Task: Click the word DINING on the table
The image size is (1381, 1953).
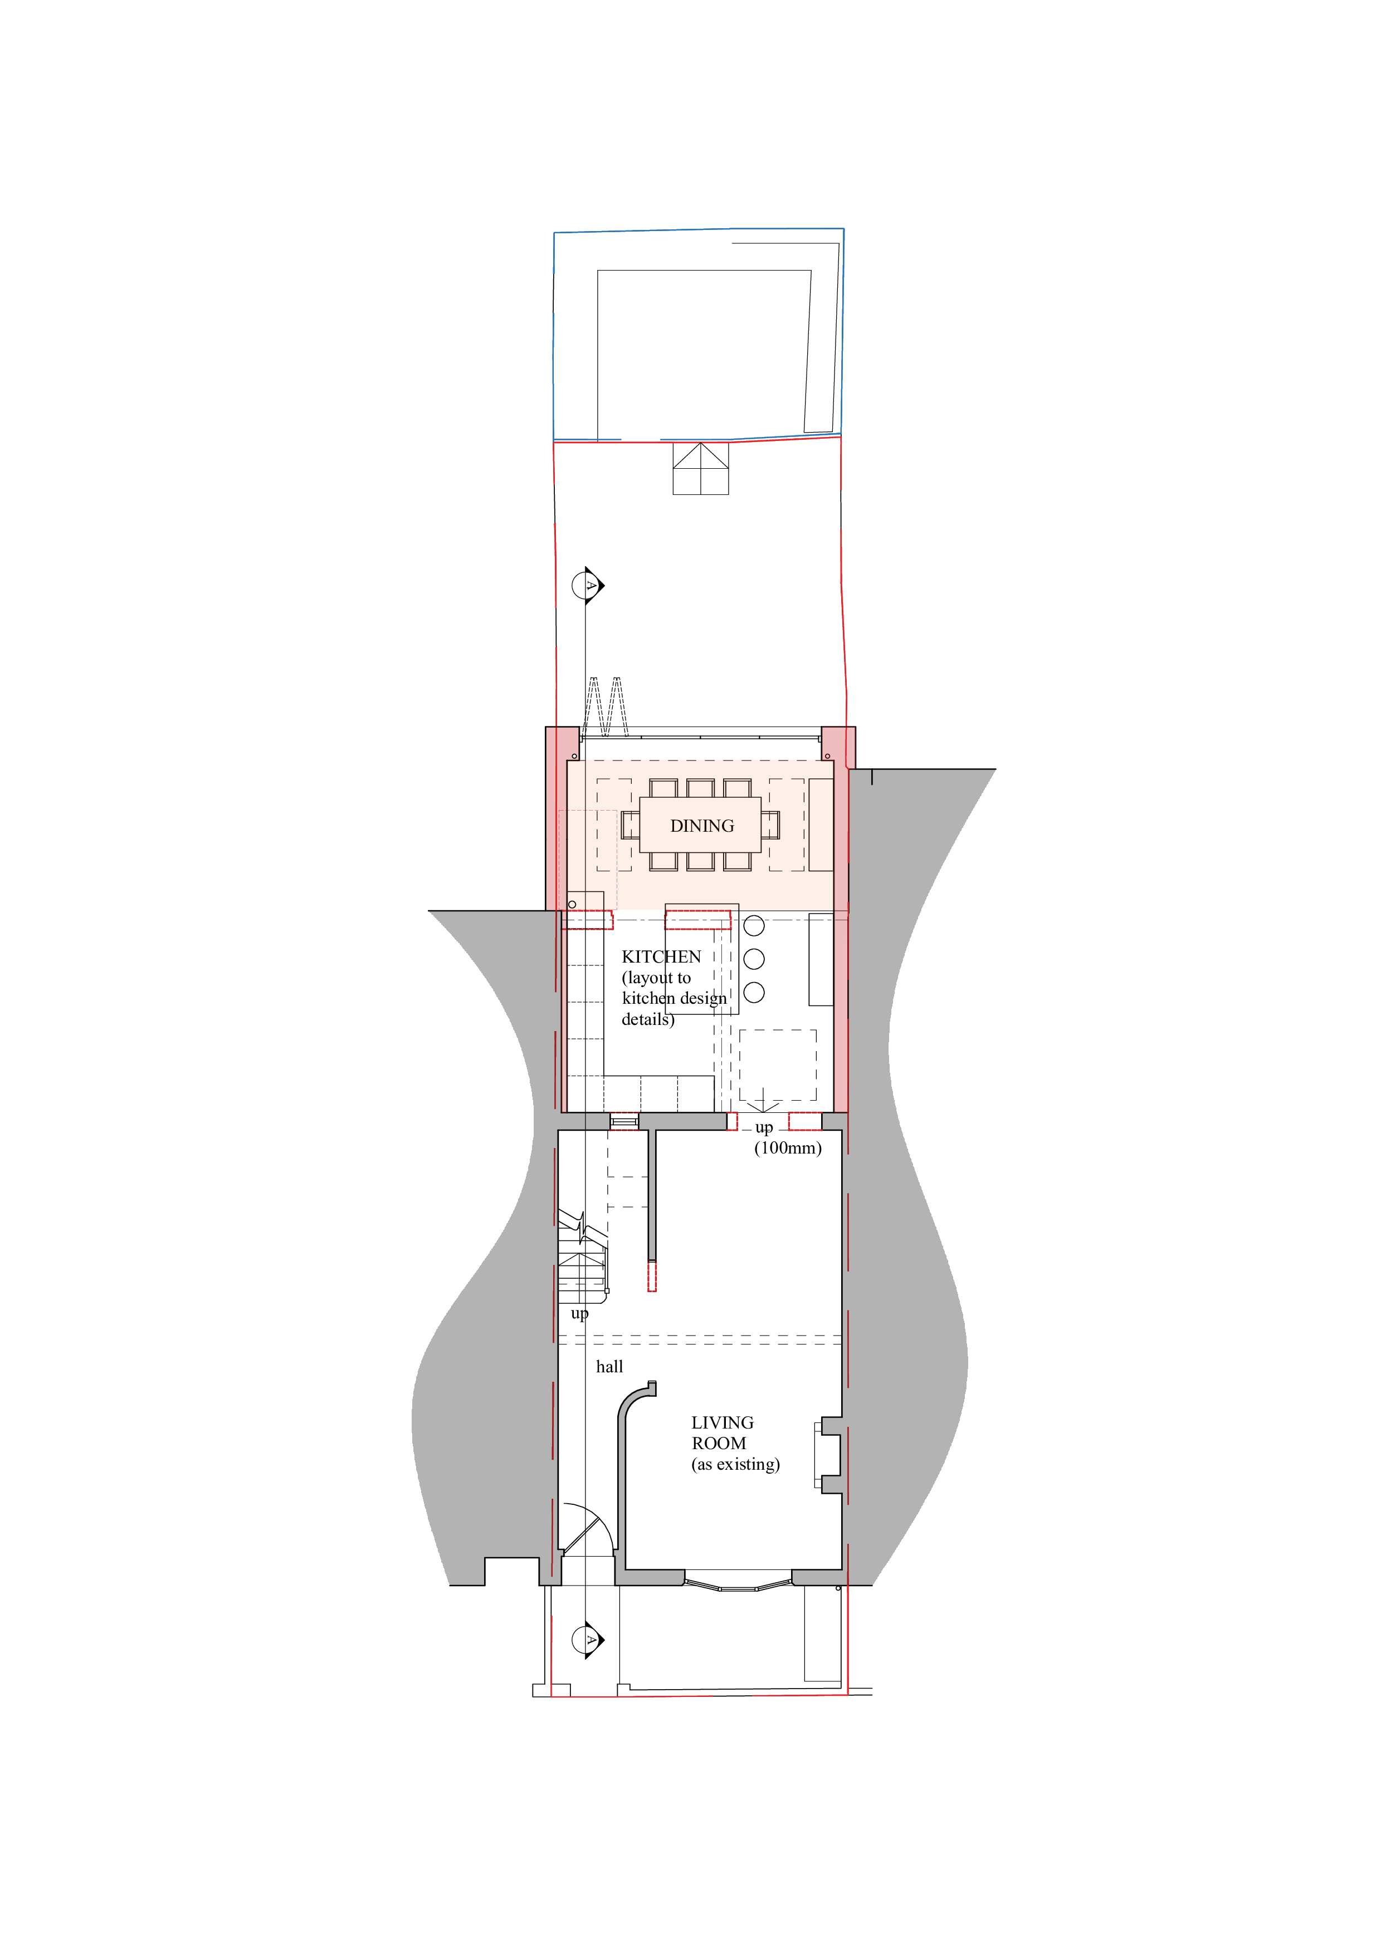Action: tap(702, 826)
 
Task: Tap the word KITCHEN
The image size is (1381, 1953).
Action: tap(661, 957)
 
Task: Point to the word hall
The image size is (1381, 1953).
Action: tap(609, 1367)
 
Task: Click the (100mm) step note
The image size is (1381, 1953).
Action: tap(788, 1149)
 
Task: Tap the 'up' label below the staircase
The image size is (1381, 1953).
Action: tap(579, 1315)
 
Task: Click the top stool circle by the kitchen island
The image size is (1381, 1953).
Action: tap(754, 925)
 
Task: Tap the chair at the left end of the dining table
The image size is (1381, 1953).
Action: tap(631, 825)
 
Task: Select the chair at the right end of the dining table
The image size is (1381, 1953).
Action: tap(770, 825)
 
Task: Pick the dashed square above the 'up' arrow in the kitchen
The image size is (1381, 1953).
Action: tap(777, 1066)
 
